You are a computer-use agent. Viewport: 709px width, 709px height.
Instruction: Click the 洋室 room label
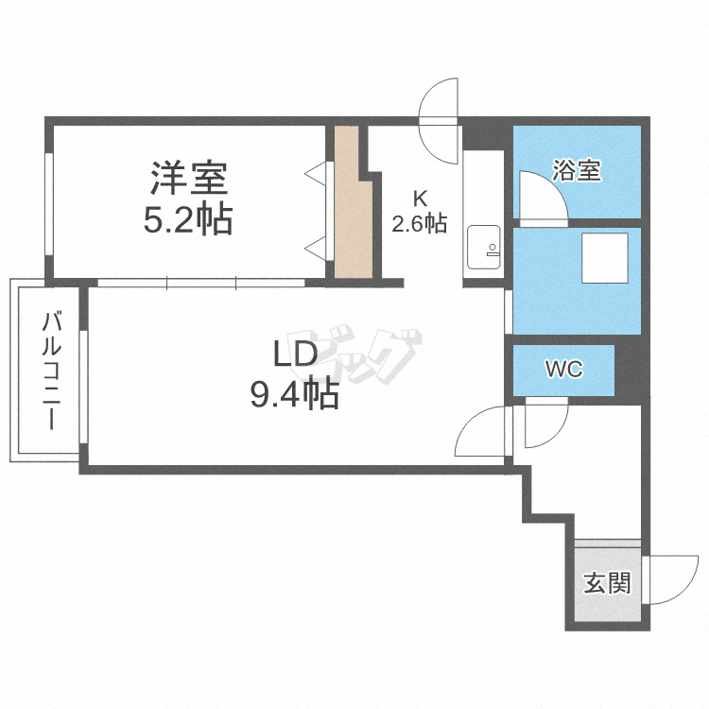[x=189, y=178]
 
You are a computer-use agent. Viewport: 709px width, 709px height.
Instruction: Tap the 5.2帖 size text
[x=188, y=219]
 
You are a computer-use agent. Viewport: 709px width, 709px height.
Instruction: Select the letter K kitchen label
[x=421, y=198]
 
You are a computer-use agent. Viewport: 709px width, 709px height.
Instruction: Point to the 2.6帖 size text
[x=419, y=223]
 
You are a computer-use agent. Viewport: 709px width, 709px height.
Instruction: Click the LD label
[x=295, y=354]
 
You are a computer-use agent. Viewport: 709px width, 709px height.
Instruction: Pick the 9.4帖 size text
[x=295, y=394]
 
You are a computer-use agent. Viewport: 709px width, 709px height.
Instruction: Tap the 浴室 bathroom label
[x=577, y=170]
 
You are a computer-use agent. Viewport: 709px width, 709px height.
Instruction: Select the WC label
[x=563, y=369]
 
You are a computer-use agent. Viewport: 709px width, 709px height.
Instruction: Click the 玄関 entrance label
[x=607, y=583]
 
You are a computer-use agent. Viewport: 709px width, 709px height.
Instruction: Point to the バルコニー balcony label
[x=52, y=370]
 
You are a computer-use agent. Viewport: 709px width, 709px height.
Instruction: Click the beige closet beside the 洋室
[x=354, y=202]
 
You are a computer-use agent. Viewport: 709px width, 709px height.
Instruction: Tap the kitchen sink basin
[x=484, y=247]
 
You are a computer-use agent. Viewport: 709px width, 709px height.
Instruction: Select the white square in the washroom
[x=605, y=258]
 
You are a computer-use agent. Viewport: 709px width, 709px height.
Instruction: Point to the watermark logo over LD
[x=354, y=354]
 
